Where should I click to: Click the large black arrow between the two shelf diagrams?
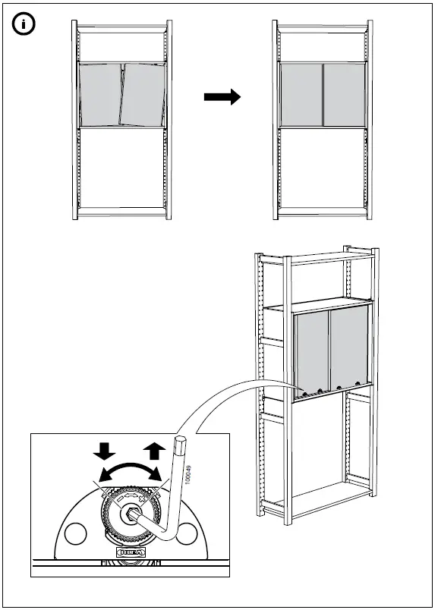point(222,97)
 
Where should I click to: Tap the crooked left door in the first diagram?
point(99,95)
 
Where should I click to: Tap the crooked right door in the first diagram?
point(143,95)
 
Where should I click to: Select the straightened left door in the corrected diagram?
point(301,95)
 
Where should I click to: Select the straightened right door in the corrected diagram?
point(345,95)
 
